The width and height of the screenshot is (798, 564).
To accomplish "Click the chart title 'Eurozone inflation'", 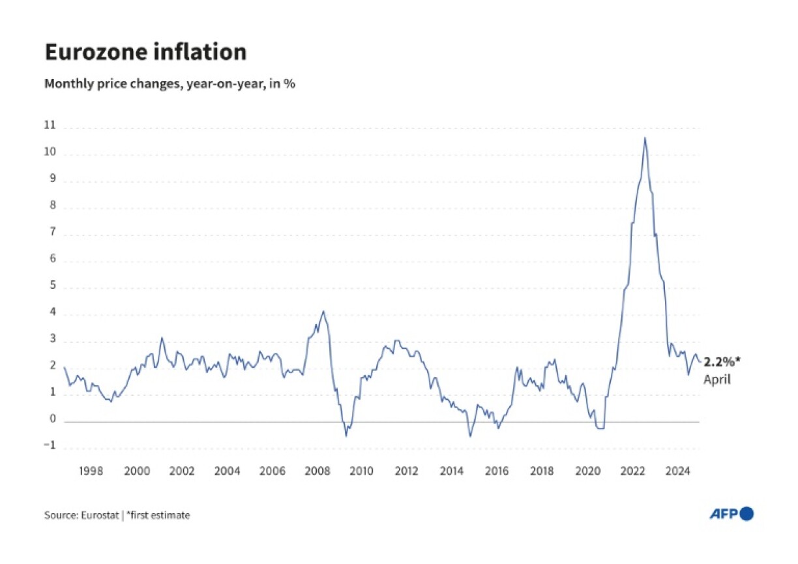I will pyautogui.click(x=145, y=52).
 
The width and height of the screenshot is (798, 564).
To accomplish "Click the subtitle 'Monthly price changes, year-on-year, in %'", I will pyautogui.click(x=170, y=84).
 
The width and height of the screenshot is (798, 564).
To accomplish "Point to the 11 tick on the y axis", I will pyautogui.click(x=50, y=126).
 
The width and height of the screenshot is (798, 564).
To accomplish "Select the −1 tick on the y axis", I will pyautogui.click(x=50, y=447).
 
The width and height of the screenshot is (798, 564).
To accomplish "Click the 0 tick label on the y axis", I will pyautogui.click(x=53, y=421).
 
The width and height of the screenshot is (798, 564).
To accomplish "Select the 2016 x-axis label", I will pyautogui.click(x=497, y=471).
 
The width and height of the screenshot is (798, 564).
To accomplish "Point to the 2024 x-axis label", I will pyautogui.click(x=678, y=471).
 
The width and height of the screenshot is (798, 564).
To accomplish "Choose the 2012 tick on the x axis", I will pyautogui.click(x=406, y=471).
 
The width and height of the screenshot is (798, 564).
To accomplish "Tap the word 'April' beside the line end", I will pyautogui.click(x=717, y=379).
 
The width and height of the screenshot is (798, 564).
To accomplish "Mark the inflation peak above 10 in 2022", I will pyautogui.click(x=645, y=138).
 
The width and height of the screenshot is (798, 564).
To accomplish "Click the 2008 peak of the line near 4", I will pyautogui.click(x=323, y=312).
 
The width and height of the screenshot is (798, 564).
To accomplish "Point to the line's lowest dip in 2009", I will pyautogui.click(x=346, y=435).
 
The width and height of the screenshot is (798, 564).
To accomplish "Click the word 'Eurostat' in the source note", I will pyautogui.click(x=100, y=515).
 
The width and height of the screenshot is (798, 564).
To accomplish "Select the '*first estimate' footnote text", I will pyautogui.click(x=158, y=515).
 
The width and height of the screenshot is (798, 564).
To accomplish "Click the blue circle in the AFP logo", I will pyautogui.click(x=747, y=514).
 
